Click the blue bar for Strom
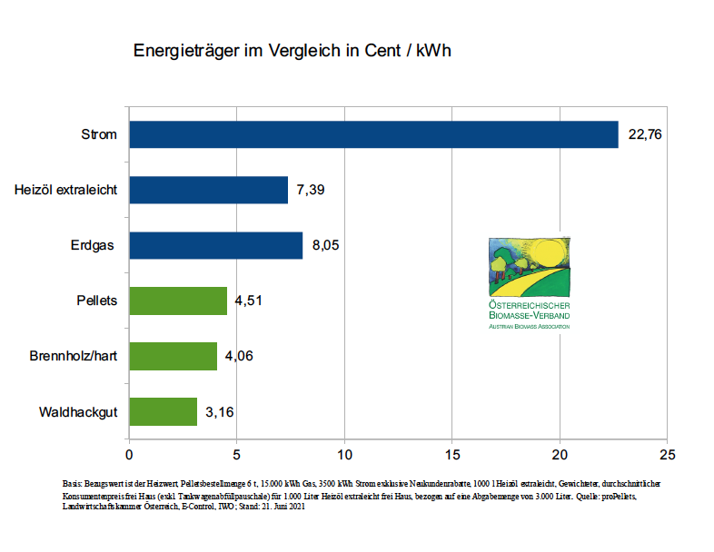point(373,134)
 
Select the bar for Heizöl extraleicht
point(208,190)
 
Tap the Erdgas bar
point(215,245)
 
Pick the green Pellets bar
point(178,301)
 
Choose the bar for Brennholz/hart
point(173,356)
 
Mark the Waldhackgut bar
point(163,411)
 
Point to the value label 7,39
point(311,191)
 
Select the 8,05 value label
point(325,246)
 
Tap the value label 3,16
point(220,412)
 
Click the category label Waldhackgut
point(78,412)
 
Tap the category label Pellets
point(97,301)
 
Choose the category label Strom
point(99,134)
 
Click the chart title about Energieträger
point(293,51)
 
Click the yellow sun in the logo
point(547,250)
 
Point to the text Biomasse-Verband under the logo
point(529,315)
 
